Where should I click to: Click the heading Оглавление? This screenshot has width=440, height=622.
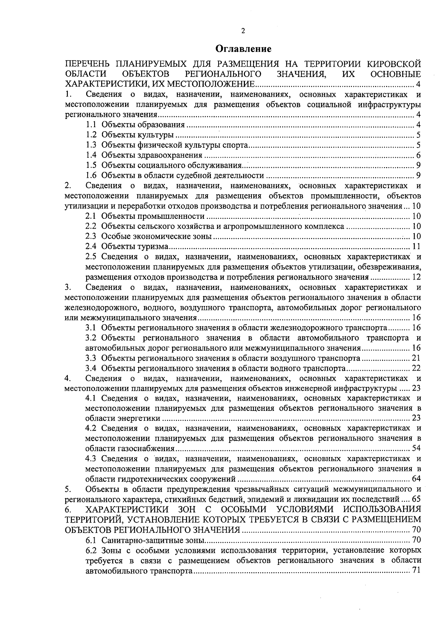243,48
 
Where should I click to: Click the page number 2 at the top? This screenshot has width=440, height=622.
243,31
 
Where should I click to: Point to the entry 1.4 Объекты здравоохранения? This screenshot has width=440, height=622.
152,155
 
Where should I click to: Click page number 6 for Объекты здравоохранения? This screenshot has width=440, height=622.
418,155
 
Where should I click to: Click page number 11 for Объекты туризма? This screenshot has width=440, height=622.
416,246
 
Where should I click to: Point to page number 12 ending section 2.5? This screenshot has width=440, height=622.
416,277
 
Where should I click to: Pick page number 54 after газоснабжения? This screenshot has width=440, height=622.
416,449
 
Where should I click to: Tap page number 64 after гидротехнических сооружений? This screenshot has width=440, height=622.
416,479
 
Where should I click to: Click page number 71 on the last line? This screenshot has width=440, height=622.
416,571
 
